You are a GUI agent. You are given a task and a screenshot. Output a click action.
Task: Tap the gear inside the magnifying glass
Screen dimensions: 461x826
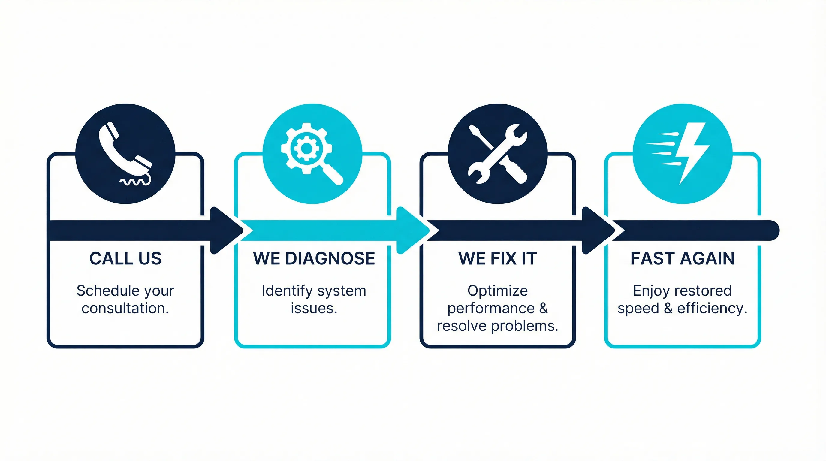(306, 148)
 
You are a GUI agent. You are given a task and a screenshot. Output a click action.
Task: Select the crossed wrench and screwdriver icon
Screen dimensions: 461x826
(498, 154)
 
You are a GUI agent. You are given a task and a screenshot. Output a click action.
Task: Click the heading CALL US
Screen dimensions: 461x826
(125, 258)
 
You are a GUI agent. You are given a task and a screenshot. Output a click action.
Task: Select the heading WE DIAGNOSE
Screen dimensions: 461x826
(314, 258)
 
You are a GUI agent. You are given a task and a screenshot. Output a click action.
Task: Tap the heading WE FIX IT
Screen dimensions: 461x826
(497, 258)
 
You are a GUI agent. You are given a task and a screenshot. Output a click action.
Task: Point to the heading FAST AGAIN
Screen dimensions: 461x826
(682, 258)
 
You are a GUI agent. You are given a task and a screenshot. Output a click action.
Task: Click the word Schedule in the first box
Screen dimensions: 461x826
(104, 291)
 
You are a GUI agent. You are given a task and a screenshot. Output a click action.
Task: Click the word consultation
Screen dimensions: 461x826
(125, 309)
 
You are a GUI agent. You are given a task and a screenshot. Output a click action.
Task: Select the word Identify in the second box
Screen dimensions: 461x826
(287, 291)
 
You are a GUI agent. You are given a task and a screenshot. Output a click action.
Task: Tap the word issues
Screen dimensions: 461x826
(314, 309)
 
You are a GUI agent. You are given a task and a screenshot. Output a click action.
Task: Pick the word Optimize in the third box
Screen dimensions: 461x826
(497, 291)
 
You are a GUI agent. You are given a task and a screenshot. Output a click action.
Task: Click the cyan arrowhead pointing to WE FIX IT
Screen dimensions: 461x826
(412, 230)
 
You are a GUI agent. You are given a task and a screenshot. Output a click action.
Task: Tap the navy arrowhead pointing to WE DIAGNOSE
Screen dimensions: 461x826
(225, 230)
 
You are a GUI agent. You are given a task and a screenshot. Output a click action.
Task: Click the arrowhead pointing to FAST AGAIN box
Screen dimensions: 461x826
(597, 230)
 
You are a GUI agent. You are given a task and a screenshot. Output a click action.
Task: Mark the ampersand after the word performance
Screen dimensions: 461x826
(543, 309)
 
